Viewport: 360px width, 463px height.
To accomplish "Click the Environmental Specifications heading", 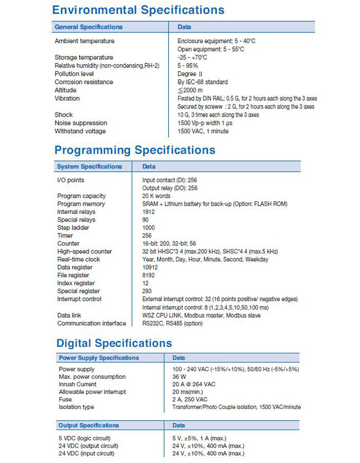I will coord(138,10).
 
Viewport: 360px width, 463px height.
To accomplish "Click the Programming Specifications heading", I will coord(135,150).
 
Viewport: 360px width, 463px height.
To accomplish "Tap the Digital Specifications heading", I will coord(114,343).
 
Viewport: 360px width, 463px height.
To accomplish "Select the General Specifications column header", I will coord(88,27).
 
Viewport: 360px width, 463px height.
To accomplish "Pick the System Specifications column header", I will coord(89,167).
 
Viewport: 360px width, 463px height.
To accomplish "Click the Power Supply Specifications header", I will coord(99,358).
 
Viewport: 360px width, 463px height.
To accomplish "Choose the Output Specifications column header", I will coord(88,425).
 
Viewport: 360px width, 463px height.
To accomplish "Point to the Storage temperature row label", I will coord(84,57).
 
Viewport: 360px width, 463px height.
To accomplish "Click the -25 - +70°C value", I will coord(192,57).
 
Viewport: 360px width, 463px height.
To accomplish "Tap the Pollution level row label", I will coord(74,74).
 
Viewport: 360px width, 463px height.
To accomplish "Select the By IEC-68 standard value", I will coord(203,82).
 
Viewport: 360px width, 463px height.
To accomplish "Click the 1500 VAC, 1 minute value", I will coord(203,131).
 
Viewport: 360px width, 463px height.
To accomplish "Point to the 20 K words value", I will coord(156,196).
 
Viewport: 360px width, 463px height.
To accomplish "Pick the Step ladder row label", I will coord(73,227).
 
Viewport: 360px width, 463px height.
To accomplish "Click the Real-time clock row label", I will coord(79,259).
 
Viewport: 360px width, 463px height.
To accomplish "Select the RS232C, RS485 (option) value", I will coord(172,324).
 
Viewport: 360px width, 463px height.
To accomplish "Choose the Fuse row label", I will coord(65,400).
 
